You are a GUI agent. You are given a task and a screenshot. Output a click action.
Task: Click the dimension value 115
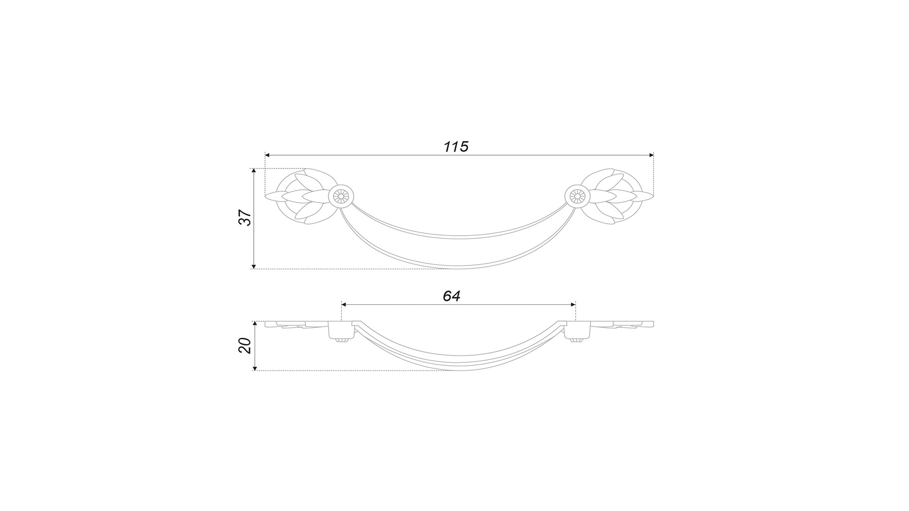pos(455,147)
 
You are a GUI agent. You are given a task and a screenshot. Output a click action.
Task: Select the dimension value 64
pos(451,296)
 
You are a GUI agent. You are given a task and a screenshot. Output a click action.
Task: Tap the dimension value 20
pos(245,345)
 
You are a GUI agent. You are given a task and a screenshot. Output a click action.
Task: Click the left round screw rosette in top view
pos(341,195)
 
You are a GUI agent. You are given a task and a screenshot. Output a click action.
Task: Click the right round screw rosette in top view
pos(577,195)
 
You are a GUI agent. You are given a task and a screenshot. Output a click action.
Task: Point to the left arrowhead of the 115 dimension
pos(267,155)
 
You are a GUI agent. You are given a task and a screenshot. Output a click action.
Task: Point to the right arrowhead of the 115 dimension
pos(651,155)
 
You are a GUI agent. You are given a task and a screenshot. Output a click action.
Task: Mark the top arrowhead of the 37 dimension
pos(254,171)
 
